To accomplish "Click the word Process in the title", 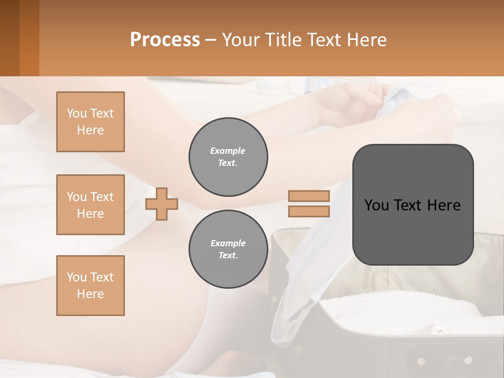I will [x=165, y=40].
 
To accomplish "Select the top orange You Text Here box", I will [x=90, y=122].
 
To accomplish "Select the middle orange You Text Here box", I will [x=90, y=205].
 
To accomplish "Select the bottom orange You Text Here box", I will [x=90, y=285].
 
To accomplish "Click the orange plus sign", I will [x=162, y=204].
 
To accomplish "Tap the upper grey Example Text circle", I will [x=228, y=157].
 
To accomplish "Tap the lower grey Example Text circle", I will [x=228, y=249].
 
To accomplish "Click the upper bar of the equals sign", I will [x=309, y=196].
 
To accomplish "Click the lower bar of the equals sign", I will [x=309, y=211].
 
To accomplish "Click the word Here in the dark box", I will [x=444, y=205].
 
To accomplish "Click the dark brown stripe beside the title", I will [x=9, y=38].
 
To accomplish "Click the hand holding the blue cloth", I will [x=362, y=100].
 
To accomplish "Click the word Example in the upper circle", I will [x=228, y=151].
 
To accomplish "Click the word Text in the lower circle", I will [x=228, y=256].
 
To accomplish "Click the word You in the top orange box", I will [x=76, y=113].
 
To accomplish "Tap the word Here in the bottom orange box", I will [x=90, y=294].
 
